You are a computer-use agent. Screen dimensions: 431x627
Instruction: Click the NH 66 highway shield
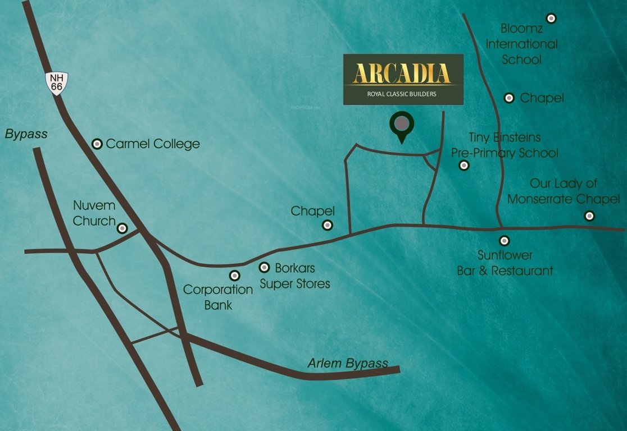[x=57, y=82]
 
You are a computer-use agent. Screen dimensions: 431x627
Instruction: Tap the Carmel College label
[x=152, y=144]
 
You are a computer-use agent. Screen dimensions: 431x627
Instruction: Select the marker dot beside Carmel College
[x=97, y=144]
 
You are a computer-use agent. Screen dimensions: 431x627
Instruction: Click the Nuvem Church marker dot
[x=122, y=228]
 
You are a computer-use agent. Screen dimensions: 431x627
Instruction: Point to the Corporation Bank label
[x=218, y=297]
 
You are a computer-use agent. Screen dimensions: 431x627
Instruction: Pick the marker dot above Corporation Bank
[x=235, y=275]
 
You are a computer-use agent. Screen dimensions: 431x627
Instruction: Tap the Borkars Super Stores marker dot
[x=264, y=268]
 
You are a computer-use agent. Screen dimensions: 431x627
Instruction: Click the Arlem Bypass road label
[x=348, y=363]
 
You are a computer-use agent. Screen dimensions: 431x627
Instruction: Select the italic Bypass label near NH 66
[x=26, y=134]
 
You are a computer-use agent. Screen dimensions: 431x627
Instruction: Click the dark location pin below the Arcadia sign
[x=401, y=126]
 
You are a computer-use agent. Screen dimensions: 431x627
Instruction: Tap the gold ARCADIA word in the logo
[x=402, y=74]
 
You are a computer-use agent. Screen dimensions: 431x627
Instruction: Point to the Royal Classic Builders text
[x=402, y=94]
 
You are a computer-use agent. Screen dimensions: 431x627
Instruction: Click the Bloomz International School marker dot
[x=551, y=18]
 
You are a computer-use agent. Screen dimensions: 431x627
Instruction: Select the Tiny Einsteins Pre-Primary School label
[x=505, y=145]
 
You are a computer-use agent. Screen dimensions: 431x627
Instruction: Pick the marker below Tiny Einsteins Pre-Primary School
[x=464, y=165]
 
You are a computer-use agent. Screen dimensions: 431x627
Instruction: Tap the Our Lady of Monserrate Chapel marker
[x=589, y=215]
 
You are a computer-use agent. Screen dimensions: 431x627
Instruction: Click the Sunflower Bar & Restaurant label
[x=505, y=263]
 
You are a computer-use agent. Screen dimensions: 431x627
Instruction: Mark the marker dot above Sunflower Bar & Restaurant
[x=505, y=240]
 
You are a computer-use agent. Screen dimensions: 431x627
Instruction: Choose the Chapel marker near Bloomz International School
[x=509, y=98]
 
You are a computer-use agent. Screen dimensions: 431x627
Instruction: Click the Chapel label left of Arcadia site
[x=312, y=211]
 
